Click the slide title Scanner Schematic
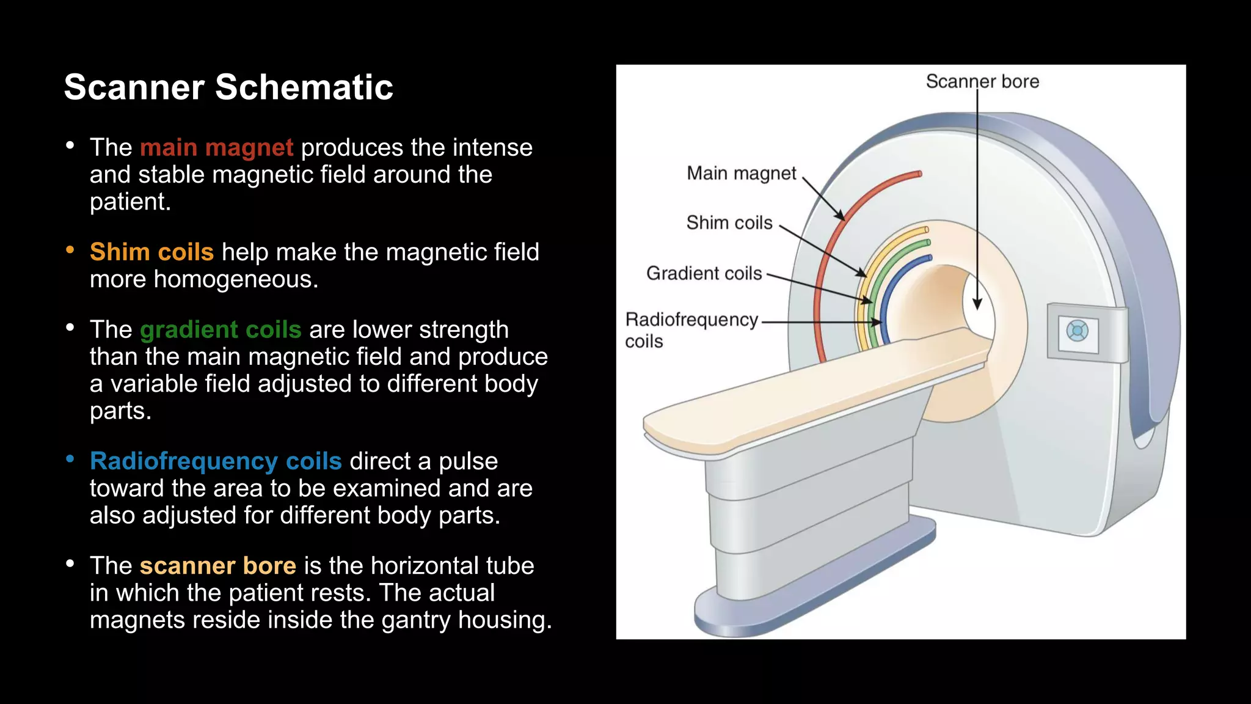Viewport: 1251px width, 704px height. (x=228, y=87)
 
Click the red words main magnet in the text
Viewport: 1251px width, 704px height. (x=216, y=147)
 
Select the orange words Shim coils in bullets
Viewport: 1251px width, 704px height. (x=151, y=252)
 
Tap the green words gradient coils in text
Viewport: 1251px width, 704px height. (x=221, y=329)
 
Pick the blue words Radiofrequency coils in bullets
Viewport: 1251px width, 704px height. (x=216, y=461)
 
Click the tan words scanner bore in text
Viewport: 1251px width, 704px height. (x=217, y=565)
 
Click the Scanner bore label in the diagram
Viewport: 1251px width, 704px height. (x=982, y=81)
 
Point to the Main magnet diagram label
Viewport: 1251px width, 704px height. (x=741, y=174)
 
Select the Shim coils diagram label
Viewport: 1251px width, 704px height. (x=729, y=223)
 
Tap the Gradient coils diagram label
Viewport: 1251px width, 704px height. (x=704, y=273)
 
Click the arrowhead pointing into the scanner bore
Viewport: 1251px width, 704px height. (x=977, y=304)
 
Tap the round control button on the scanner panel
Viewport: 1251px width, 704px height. (x=1077, y=331)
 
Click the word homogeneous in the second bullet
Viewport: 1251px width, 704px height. (x=235, y=279)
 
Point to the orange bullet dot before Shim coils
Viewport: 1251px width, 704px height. (x=70, y=250)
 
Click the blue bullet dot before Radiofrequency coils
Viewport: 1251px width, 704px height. (x=70, y=459)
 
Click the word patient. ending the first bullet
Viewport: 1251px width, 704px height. (x=130, y=202)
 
